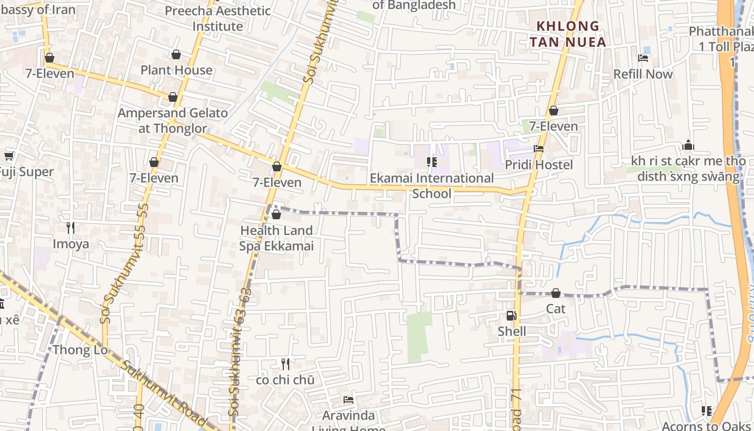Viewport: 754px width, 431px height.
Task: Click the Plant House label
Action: pyautogui.click(x=176, y=70)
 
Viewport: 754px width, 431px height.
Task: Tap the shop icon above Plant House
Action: pyautogui.click(x=176, y=54)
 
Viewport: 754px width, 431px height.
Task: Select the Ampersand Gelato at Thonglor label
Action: pyautogui.click(x=172, y=121)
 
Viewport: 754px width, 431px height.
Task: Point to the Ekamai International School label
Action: pyautogui.click(x=431, y=185)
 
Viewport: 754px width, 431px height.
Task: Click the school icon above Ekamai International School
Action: pyautogui.click(x=431, y=162)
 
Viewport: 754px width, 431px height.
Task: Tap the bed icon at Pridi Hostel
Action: pyautogui.click(x=538, y=149)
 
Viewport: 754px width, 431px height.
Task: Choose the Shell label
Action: pyautogui.click(x=512, y=331)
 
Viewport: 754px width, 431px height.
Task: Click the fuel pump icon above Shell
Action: pyautogui.click(x=511, y=316)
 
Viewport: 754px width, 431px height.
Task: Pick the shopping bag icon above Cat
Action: pyautogui.click(x=555, y=293)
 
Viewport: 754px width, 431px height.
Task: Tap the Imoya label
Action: pyautogui.click(x=71, y=244)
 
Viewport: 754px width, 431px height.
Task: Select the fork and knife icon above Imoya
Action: pyautogui.click(x=70, y=228)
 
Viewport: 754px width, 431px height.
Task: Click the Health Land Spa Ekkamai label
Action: pyautogui.click(x=276, y=238)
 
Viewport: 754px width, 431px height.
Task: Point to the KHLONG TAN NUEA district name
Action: pyautogui.click(x=568, y=34)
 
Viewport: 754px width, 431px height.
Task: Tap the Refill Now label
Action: pyautogui.click(x=643, y=74)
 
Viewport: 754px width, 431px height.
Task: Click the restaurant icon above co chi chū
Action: pyautogui.click(x=285, y=364)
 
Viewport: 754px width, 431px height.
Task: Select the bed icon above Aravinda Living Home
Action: pyautogui.click(x=348, y=400)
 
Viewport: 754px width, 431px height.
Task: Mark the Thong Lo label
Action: pyautogui.click(x=80, y=350)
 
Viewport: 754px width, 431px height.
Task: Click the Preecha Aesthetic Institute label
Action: pyautogui.click(x=218, y=18)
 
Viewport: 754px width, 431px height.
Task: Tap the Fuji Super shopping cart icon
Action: pyautogui.click(x=9, y=156)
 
